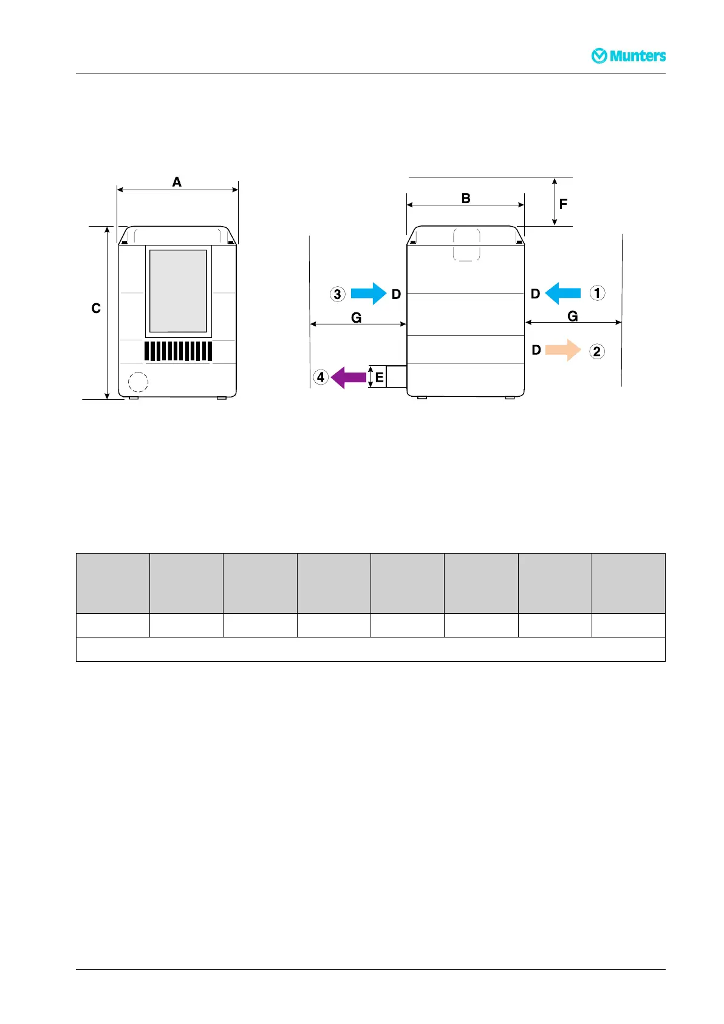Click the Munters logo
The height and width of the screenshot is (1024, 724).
point(629,56)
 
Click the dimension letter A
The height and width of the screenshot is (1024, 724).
point(177,182)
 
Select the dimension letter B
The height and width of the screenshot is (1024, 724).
point(466,198)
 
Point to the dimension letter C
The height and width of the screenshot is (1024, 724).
point(96,309)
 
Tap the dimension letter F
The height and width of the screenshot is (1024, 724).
point(563,204)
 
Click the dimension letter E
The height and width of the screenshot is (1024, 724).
point(379,377)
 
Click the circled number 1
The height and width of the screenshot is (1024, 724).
point(597,293)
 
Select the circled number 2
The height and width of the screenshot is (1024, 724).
point(597,351)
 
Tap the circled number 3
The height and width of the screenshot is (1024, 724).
point(338,294)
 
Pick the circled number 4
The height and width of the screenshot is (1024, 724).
point(321,377)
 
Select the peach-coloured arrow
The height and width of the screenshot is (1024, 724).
point(563,350)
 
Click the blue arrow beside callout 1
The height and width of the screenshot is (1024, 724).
point(563,293)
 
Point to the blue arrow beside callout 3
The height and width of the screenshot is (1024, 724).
point(369,294)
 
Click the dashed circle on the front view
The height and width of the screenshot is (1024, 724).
point(138,382)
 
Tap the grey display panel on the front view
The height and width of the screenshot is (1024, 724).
point(178,290)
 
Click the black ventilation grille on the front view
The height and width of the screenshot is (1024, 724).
point(178,351)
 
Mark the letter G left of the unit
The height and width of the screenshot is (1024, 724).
point(357,317)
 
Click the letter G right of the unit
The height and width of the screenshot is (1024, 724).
point(572,316)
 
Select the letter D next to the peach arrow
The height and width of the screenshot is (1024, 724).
point(536,350)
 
